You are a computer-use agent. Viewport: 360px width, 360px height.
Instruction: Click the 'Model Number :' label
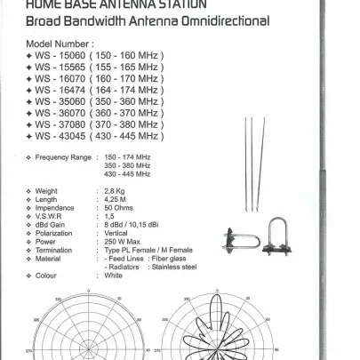(60, 43)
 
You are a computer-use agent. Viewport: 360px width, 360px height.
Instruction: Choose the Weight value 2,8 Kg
(115, 191)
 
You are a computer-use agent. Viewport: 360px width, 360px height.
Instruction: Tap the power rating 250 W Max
(124, 241)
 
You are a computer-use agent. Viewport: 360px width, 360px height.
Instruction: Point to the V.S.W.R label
(52, 216)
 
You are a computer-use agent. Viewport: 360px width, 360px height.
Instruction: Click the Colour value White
(114, 275)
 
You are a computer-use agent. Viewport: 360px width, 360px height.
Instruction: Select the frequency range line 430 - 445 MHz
(127, 173)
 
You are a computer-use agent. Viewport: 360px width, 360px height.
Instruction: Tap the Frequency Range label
(63, 157)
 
